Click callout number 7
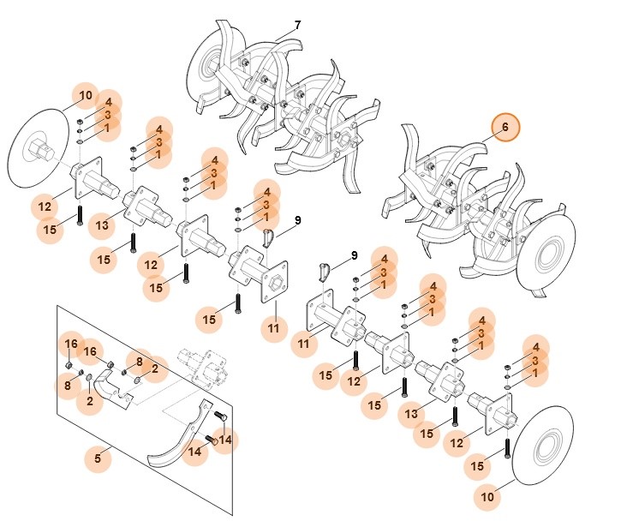(x=297, y=25)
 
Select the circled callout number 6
(x=505, y=128)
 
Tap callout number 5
(x=98, y=459)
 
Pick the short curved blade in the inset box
(x=112, y=391)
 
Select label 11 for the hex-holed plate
(x=274, y=328)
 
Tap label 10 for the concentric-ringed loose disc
(x=487, y=495)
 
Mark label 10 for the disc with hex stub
(x=86, y=95)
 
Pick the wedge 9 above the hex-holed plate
(x=266, y=237)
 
